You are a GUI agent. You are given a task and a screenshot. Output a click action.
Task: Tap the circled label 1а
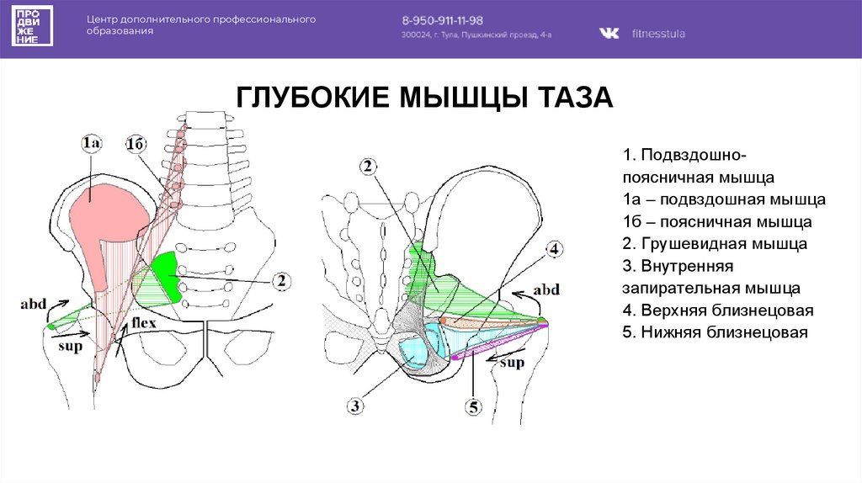tap(93, 144)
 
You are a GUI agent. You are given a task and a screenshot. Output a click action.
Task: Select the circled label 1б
tap(136, 144)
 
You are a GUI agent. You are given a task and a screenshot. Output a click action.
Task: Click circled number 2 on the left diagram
tap(282, 281)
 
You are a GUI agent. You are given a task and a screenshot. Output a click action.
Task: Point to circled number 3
tap(355, 406)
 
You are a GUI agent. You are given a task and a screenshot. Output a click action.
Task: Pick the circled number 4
tap(554, 249)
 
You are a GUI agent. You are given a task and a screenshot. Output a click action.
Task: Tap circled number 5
tap(473, 407)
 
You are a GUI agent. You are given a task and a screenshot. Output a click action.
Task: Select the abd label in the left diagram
tap(34, 305)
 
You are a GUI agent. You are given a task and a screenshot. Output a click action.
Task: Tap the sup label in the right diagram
tap(512, 363)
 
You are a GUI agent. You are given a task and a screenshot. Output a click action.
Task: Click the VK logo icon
tap(609, 34)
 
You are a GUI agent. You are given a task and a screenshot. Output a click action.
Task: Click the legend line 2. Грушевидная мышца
tap(715, 245)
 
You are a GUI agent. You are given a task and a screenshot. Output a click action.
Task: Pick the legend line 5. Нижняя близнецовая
tap(715, 332)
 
